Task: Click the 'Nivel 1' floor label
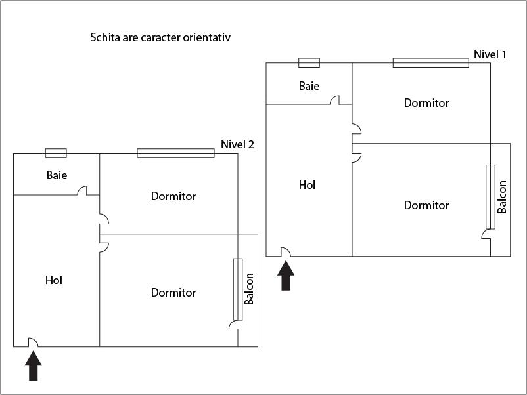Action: (490, 54)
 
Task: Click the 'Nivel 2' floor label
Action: (237, 145)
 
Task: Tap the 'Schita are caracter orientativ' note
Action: (160, 37)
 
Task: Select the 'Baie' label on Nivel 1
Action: (309, 86)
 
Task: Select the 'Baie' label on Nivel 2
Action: (57, 176)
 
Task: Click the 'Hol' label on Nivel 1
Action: (307, 185)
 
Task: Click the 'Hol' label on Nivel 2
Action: (54, 280)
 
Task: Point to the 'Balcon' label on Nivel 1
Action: (502, 197)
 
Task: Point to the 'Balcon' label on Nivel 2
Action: (249, 289)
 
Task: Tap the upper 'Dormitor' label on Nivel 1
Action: (426, 103)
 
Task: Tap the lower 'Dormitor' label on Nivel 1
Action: (426, 205)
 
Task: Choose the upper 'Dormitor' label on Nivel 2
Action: (173, 196)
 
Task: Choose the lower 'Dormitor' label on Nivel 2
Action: (173, 293)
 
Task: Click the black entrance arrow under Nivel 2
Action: (34, 366)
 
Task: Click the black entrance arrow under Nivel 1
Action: (286, 276)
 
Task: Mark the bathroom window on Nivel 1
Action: (309, 63)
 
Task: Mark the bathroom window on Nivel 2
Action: (56, 153)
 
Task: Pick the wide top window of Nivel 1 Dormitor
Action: (430, 63)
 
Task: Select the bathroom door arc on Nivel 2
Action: (83, 191)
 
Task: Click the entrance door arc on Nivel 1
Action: (286, 251)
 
